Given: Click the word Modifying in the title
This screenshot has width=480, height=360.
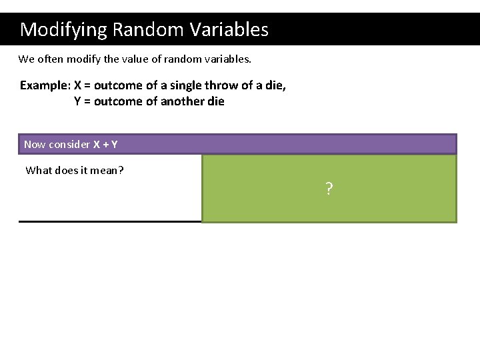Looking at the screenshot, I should click(x=64, y=30).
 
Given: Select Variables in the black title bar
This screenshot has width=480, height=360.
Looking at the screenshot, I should click(x=228, y=30).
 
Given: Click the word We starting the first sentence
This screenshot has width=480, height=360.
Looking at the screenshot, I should click(x=26, y=59).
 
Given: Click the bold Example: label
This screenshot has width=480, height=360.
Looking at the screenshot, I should click(x=45, y=85).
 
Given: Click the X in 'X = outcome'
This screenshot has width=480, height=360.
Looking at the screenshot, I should click(x=78, y=85).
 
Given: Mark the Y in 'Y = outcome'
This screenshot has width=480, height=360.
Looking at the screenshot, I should click(x=77, y=101).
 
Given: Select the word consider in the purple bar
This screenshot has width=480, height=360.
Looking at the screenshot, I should click(x=69, y=145).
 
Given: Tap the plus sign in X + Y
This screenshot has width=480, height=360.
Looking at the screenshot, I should click(x=105, y=145).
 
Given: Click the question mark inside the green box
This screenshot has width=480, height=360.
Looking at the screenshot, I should click(x=329, y=189).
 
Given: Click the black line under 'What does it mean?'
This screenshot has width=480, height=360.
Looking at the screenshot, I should click(x=110, y=221).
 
